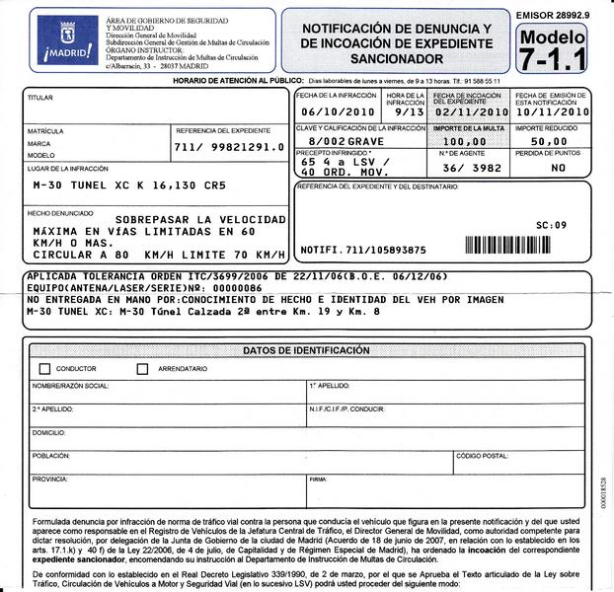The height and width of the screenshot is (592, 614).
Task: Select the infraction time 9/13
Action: [406, 112]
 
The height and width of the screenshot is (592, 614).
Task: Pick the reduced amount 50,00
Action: [549, 142]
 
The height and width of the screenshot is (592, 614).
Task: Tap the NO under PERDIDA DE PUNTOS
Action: [558, 169]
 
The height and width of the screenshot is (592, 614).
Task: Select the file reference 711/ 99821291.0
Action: [228, 147]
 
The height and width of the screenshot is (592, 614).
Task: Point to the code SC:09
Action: [551, 226]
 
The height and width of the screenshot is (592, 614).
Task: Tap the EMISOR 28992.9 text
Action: [553, 16]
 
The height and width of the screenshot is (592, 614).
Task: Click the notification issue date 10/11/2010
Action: [552, 112]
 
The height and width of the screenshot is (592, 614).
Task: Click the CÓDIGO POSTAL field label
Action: [482, 456]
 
